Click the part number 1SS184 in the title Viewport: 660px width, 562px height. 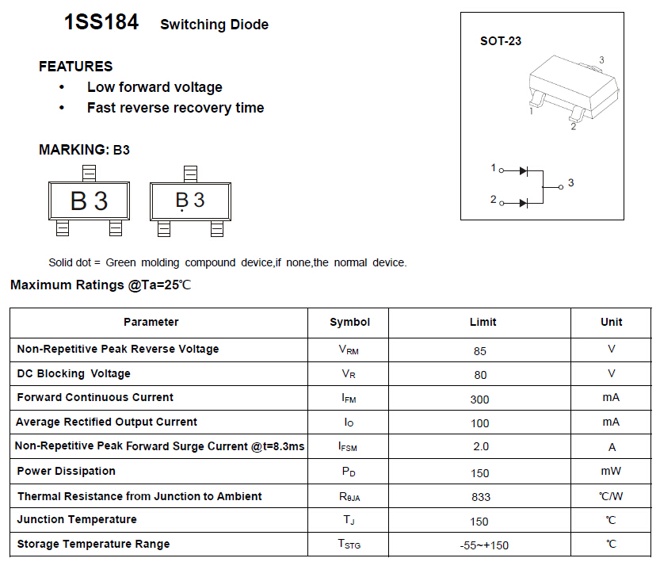pyautogui.click(x=101, y=23)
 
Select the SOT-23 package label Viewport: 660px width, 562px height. pyautogui.click(x=501, y=41)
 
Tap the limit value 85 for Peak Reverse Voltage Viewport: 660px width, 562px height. pyautogui.click(x=479, y=350)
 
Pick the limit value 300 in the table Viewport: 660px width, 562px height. pyautogui.click(x=479, y=400)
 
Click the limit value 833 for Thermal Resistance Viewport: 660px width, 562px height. pyautogui.click(x=480, y=497)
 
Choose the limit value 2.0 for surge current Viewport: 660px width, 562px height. pyautogui.click(x=480, y=447)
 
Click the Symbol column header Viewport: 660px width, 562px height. pyautogui.click(x=349, y=322)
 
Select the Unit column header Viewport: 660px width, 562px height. pyautogui.click(x=611, y=322)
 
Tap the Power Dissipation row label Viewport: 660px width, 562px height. pyautogui.click(x=67, y=471)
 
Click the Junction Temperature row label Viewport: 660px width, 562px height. pyautogui.click(x=77, y=519)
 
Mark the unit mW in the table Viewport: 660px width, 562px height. pyautogui.click(x=611, y=471)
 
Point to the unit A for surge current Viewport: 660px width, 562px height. pyautogui.click(x=612, y=447)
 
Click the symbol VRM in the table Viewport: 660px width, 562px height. pyautogui.click(x=349, y=350)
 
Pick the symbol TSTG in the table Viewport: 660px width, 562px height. pyautogui.click(x=349, y=545)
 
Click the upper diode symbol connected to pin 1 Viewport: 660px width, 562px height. pyautogui.click(x=524, y=170)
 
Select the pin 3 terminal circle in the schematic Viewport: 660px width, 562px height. pyautogui.click(x=560, y=186)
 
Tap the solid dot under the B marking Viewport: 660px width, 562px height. pyautogui.click(x=183, y=211)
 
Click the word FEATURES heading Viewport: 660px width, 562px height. pyautogui.click(x=76, y=67)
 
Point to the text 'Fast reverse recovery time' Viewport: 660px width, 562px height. pyautogui.click(x=175, y=108)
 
